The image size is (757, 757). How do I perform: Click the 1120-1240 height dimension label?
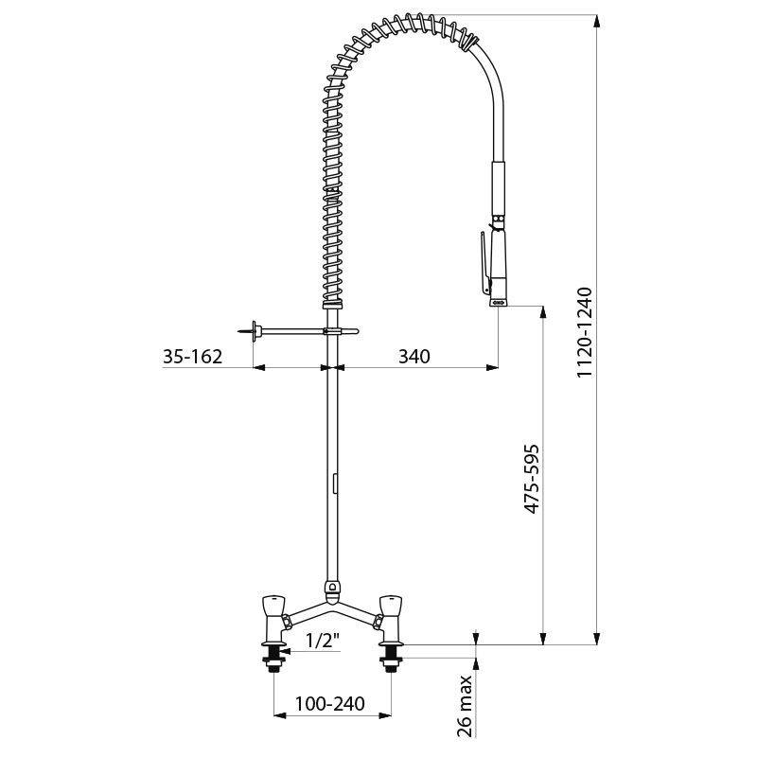click(585, 332)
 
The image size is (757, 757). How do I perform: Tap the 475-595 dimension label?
click(532, 479)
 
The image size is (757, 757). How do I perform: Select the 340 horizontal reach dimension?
click(414, 357)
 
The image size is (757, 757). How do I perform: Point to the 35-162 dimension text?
click(193, 357)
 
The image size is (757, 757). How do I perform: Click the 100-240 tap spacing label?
click(329, 703)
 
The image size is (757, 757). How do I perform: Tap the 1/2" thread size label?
click(323, 641)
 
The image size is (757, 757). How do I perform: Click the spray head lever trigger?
click(484, 263)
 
